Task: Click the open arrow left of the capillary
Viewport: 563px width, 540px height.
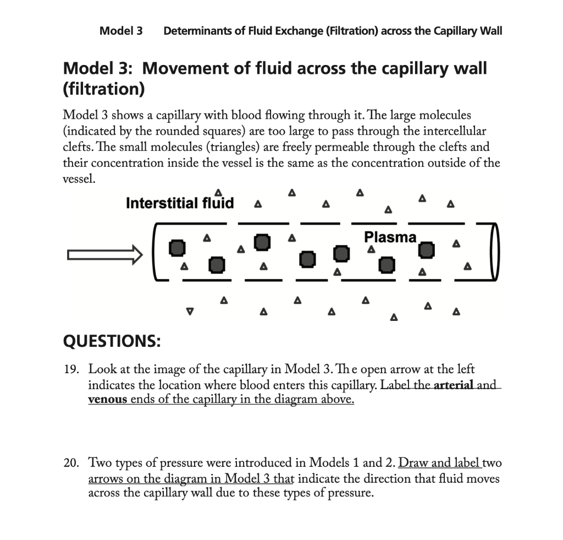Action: coord(102,254)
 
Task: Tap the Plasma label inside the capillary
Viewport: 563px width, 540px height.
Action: coord(390,238)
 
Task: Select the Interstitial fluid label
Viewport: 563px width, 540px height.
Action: coord(180,203)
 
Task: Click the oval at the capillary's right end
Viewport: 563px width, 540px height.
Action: coord(493,252)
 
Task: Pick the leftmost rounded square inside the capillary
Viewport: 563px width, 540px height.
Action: coord(176,247)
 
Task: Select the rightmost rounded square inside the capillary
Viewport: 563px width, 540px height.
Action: coord(426,250)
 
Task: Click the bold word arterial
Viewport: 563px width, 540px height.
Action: coord(454,385)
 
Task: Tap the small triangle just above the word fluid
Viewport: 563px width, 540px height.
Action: coord(219,191)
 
